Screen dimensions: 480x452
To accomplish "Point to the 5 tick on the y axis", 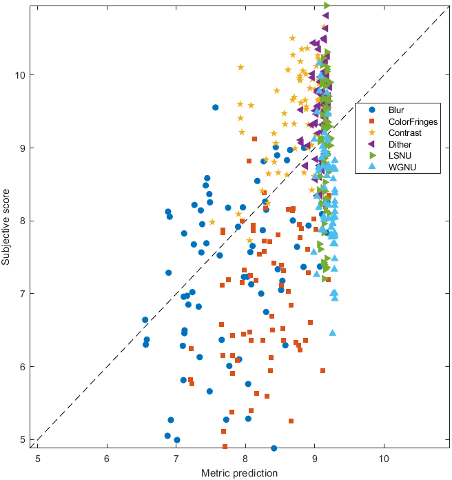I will point(23,439).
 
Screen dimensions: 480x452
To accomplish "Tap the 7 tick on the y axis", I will point(23,294).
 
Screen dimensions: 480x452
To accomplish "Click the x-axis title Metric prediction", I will point(239,473).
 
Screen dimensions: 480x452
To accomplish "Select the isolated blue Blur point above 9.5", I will point(215,108).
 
